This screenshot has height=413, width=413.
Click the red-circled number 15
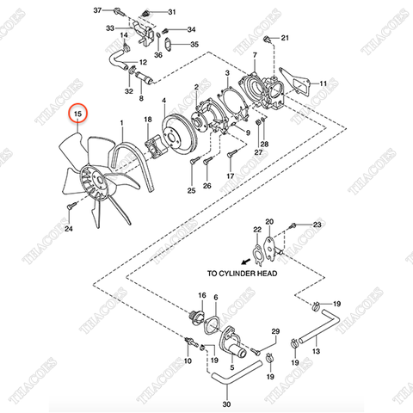pyautogui.click(x=78, y=114)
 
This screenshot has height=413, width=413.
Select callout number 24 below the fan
pyautogui.click(x=69, y=230)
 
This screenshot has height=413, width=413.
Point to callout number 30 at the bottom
pyautogui.click(x=226, y=404)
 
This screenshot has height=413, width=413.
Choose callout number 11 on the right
pyautogui.click(x=324, y=83)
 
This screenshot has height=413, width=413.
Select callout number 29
pyautogui.click(x=275, y=332)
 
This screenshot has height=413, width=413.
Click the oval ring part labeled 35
pyautogui.click(x=170, y=44)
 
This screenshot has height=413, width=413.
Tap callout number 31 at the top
pyautogui.click(x=170, y=12)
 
